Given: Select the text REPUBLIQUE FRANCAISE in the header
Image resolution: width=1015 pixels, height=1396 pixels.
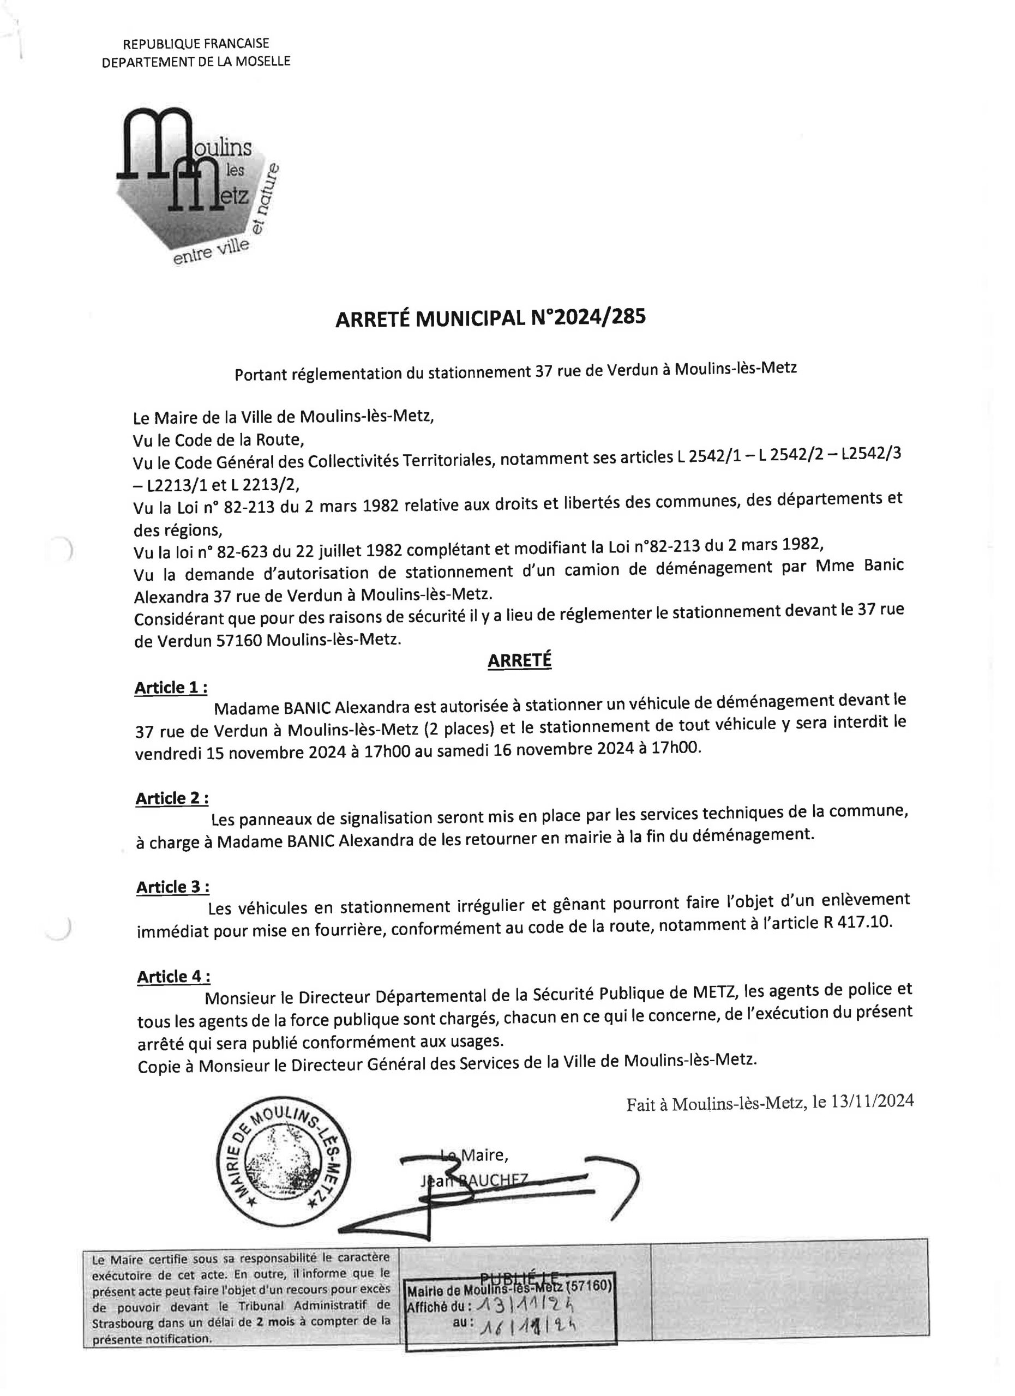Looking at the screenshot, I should tap(196, 44).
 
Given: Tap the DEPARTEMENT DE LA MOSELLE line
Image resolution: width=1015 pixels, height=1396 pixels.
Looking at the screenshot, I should tap(196, 62).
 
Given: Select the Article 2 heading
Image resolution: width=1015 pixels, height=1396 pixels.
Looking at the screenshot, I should tap(172, 798).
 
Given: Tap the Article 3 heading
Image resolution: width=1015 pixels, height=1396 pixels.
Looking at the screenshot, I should tap(172, 887).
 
